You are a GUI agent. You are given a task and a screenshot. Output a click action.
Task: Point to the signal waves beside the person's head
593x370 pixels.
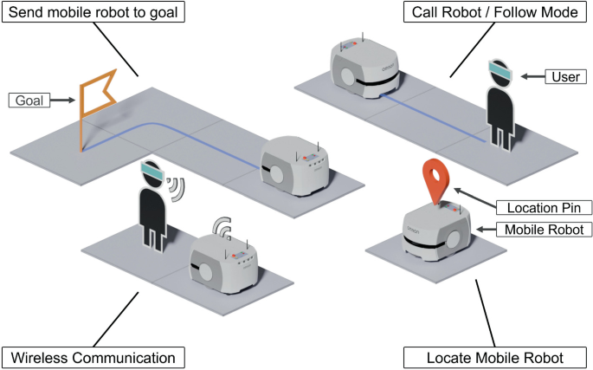(x=180, y=188)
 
